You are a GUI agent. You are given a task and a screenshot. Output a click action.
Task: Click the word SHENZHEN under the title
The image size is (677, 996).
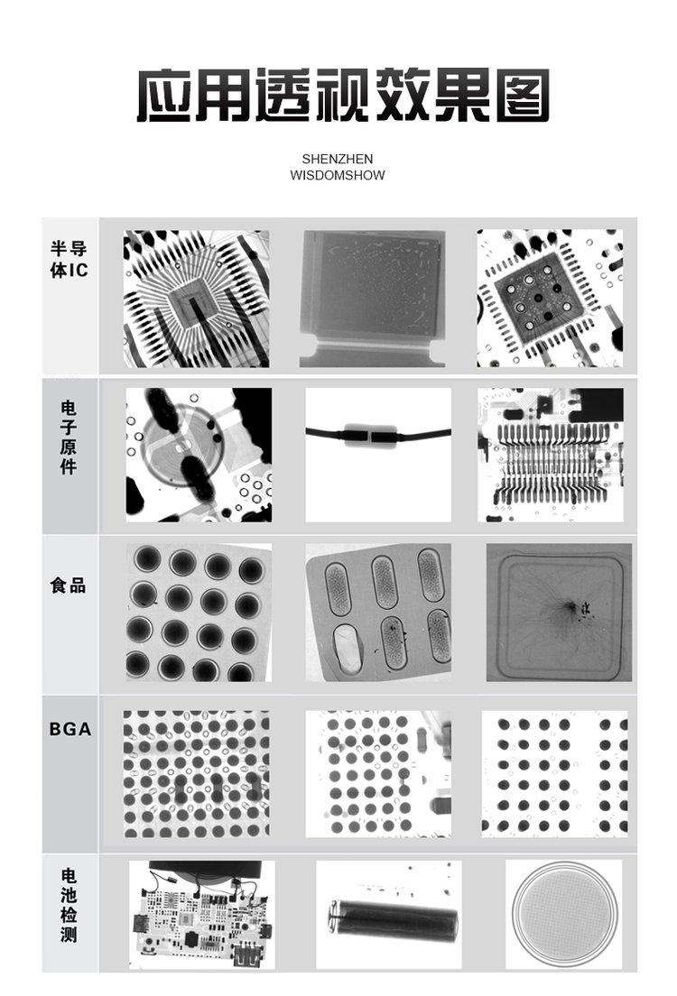click(337, 159)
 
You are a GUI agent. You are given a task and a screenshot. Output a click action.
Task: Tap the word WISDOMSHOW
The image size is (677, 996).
click(337, 175)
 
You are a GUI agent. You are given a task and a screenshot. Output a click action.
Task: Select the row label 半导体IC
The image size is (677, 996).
click(69, 259)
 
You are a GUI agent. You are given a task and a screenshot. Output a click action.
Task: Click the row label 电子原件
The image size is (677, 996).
click(69, 437)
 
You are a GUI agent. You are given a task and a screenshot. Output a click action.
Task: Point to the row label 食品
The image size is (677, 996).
click(69, 585)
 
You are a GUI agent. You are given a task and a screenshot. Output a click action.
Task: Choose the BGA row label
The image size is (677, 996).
click(70, 729)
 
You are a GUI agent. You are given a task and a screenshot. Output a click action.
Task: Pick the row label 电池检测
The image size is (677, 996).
click(69, 905)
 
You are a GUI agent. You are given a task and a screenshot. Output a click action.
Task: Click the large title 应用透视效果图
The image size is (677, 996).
click(343, 96)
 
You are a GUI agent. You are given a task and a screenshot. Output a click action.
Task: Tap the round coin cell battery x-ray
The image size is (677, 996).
click(564, 914)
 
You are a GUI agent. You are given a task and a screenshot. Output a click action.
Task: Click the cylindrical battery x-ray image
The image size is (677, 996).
click(389, 915)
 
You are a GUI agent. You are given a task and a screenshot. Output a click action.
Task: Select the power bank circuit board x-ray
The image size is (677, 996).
click(202, 915)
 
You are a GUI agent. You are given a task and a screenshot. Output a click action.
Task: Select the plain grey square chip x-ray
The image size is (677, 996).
click(373, 299)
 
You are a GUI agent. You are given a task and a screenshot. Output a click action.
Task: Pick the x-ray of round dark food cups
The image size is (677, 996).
click(199, 613)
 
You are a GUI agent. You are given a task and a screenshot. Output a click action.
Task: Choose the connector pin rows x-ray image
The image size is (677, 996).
click(551, 456)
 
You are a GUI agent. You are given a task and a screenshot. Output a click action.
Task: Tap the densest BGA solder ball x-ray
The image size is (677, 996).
click(197, 774)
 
